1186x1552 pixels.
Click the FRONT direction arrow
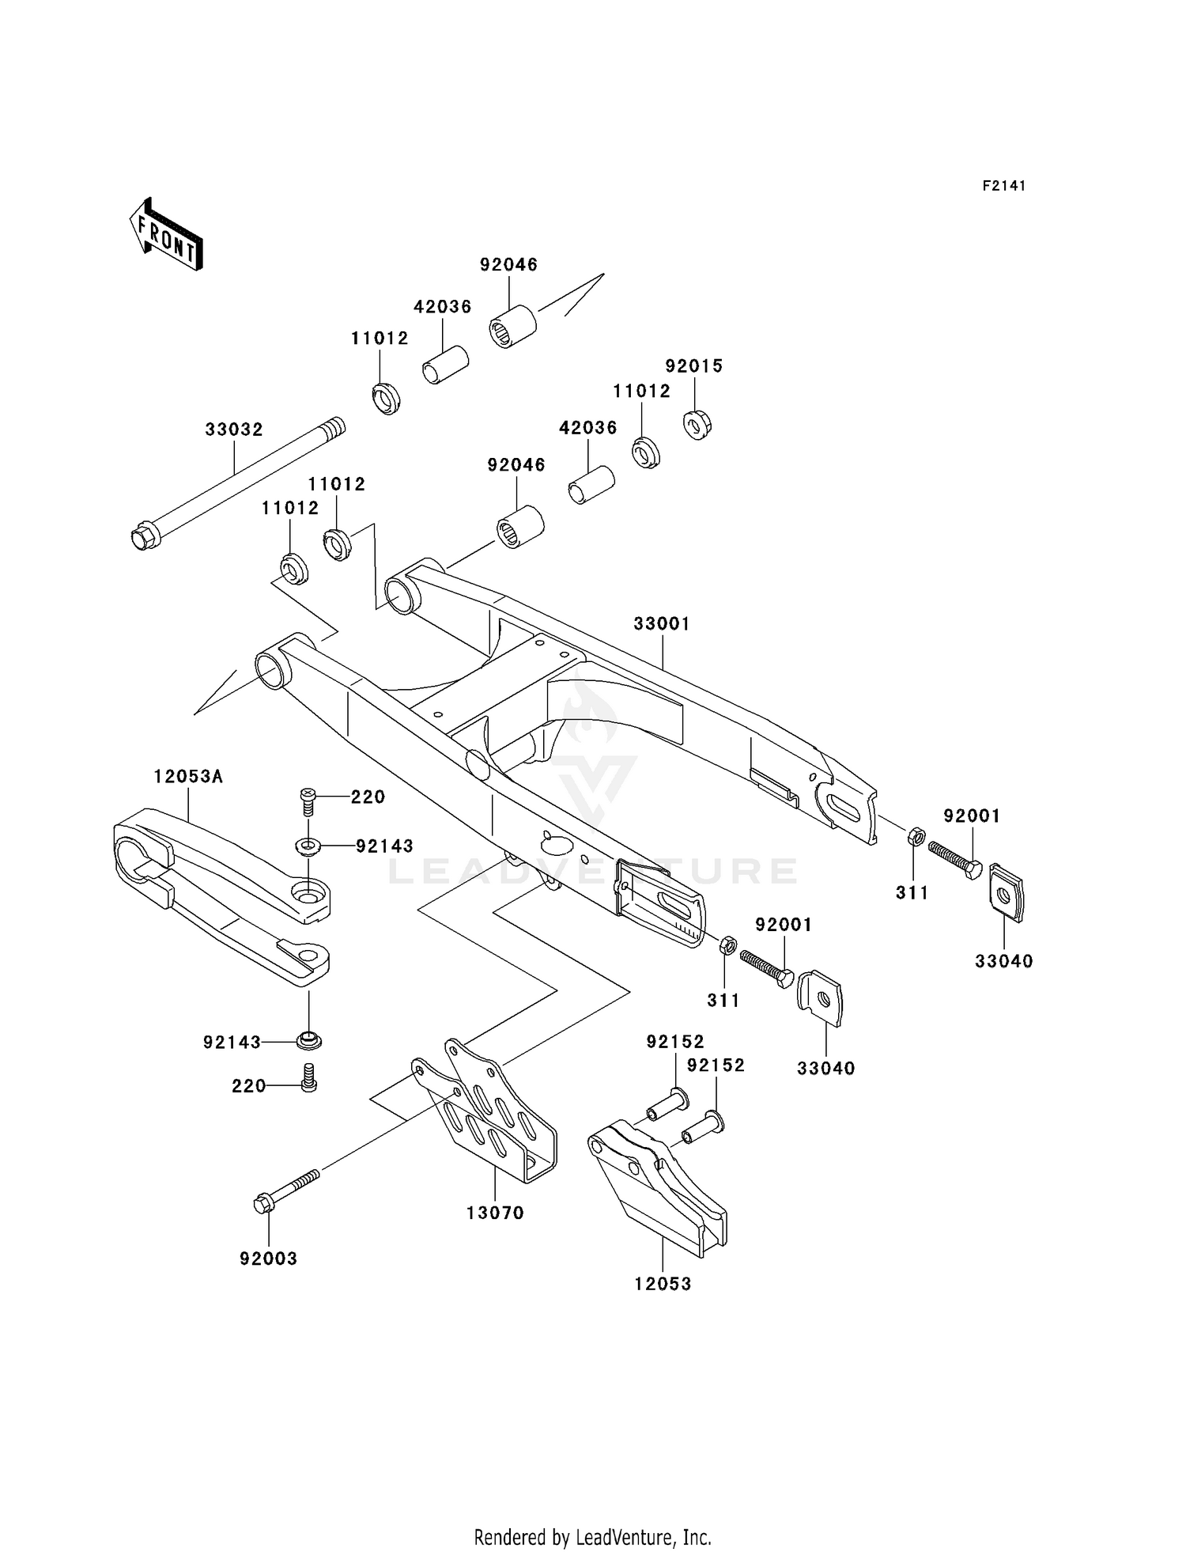click(166, 235)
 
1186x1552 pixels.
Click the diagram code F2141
click(1003, 186)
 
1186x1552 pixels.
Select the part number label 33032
click(233, 430)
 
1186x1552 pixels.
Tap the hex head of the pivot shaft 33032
click(143, 539)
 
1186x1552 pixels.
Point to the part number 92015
click(693, 366)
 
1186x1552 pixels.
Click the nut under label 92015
click(697, 425)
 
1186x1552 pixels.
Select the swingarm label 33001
click(662, 624)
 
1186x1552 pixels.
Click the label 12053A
click(188, 777)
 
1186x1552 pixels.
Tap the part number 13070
click(495, 1213)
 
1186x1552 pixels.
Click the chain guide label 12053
click(663, 1284)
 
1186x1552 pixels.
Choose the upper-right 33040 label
click(1003, 961)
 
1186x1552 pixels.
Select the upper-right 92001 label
click(972, 816)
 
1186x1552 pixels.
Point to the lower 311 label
click(723, 1001)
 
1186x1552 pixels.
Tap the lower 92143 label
click(232, 1043)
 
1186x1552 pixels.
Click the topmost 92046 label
click(508, 265)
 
